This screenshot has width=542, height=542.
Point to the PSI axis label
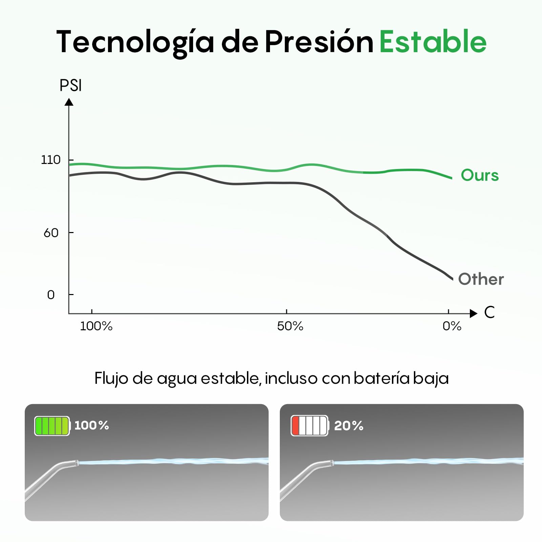pos(70,85)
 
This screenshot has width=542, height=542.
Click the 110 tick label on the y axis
pos(51,160)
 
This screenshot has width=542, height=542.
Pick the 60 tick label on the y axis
pos(51,233)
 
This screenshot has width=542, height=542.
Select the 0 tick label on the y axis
pos(51,295)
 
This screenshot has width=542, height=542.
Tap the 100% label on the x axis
pos(96,326)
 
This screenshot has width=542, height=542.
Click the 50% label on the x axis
pos(290,326)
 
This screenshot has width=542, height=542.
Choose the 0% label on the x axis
pos(452,326)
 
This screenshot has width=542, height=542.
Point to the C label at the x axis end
pos(489,312)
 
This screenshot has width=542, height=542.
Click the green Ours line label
pos(480,175)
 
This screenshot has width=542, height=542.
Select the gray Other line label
pos(481,279)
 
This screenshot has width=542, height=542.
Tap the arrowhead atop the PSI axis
pos(69,102)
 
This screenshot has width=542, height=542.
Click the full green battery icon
pos(53,426)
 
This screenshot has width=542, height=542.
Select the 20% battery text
pos(349,425)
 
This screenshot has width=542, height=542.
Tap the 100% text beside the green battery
pos(91,425)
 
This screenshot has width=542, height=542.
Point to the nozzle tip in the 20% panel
pos(332,463)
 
